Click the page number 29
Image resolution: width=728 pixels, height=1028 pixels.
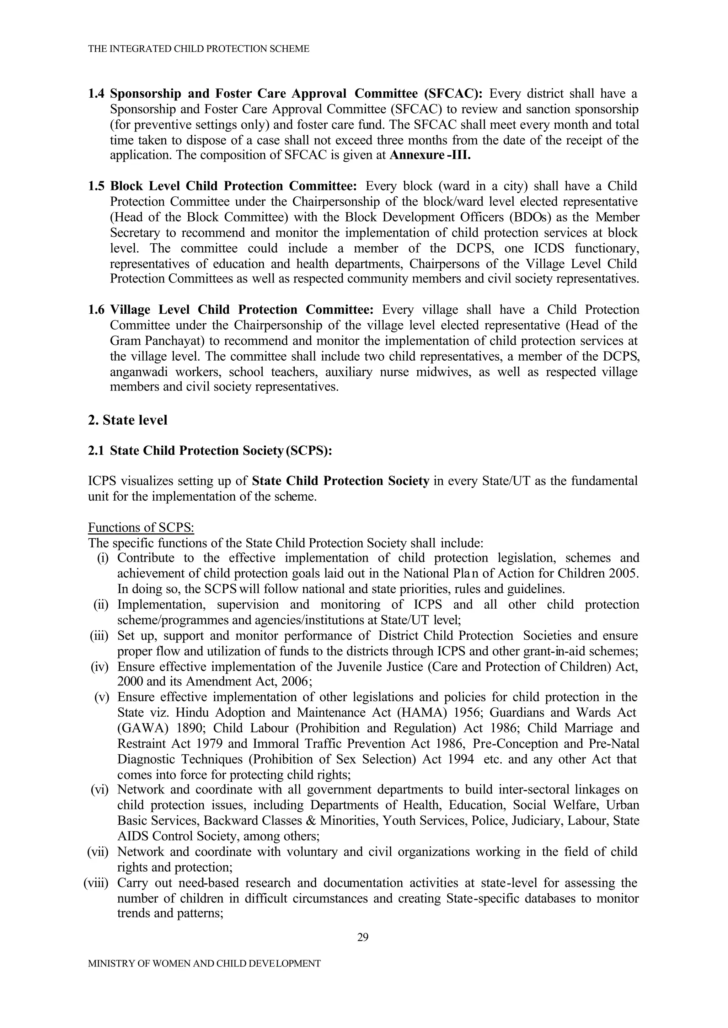(x=363, y=937)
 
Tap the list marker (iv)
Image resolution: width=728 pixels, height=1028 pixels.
(x=100, y=667)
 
